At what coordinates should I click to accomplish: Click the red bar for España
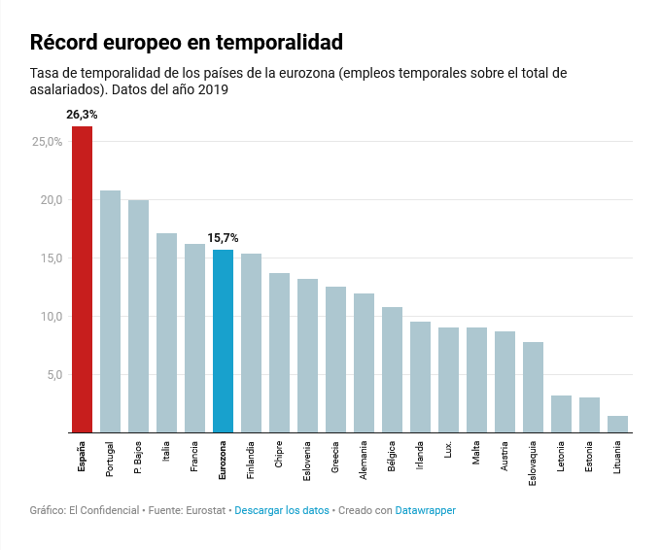pyautogui.click(x=82, y=279)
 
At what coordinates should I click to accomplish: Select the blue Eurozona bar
pyautogui.click(x=223, y=341)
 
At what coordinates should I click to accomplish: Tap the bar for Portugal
pyautogui.click(x=110, y=311)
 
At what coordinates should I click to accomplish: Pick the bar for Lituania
pyautogui.click(x=617, y=424)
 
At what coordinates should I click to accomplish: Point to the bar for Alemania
pyautogui.click(x=364, y=362)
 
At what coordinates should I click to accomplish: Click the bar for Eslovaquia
pyautogui.click(x=533, y=387)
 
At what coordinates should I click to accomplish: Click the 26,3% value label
pyautogui.click(x=82, y=115)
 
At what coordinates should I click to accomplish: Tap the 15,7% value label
pyautogui.click(x=223, y=238)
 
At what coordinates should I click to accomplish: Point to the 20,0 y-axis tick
pyautogui.click(x=50, y=200)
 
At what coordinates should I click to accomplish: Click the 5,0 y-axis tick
pyautogui.click(x=52, y=375)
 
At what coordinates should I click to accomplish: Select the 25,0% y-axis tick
pyautogui.click(x=47, y=142)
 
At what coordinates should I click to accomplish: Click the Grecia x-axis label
pyautogui.click(x=335, y=458)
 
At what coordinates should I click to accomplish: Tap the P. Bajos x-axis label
pyautogui.click(x=138, y=459)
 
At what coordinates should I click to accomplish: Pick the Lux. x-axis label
pyautogui.click(x=448, y=451)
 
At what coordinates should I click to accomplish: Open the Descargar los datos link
pyautogui.click(x=282, y=510)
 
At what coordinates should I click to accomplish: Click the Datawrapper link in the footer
pyautogui.click(x=425, y=510)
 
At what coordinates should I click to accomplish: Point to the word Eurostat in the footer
pyautogui.click(x=208, y=510)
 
